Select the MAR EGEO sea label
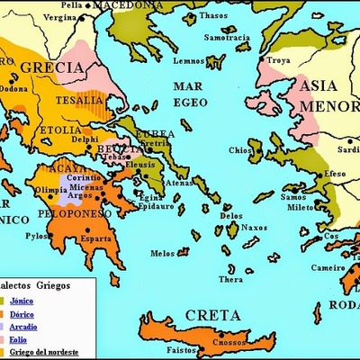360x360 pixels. click(193, 95)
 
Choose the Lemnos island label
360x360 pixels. click(191, 60)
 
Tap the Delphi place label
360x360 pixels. click(85, 139)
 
